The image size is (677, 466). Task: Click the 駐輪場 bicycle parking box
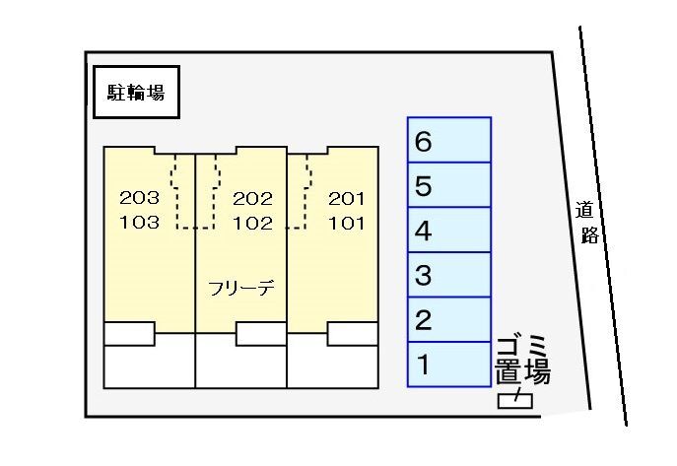pyautogui.click(x=136, y=94)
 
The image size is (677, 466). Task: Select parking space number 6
pyautogui.click(x=449, y=140)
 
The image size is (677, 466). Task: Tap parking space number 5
pyautogui.click(x=449, y=185)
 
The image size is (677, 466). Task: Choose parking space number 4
pyautogui.click(x=449, y=231)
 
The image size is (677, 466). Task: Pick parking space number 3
pyautogui.click(x=449, y=275)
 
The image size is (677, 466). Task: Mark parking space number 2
pyautogui.click(x=449, y=319)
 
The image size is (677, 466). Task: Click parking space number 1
pyautogui.click(x=449, y=365)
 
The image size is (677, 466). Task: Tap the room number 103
pyautogui.click(x=139, y=222)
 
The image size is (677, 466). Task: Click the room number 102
pyautogui.click(x=252, y=222)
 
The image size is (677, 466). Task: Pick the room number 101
pyautogui.click(x=346, y=222)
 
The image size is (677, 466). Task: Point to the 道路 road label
pyautogui.click(x=588, y=223)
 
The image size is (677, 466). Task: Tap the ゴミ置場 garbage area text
pyautogui.click(x=521, y=361)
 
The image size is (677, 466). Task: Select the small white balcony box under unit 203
pyautogui.click(x=130, y=333)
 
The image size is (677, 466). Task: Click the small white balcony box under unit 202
pyautogui.click(x=261, y=333)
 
